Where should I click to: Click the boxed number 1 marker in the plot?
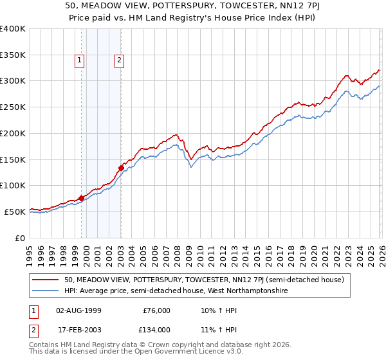(x=79, y=61)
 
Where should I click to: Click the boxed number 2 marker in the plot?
(x=120, y=61)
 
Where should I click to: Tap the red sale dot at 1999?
(x=82, y=198)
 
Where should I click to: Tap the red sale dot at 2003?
(x=121, y=168)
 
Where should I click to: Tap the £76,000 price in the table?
(x=156, y=310)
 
